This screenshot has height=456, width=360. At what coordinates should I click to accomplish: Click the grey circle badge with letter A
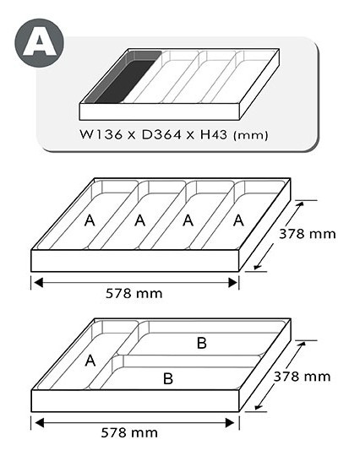(39, 43)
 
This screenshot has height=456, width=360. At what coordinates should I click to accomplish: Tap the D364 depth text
(161, 134)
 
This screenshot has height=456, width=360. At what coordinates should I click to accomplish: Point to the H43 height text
(213, 134)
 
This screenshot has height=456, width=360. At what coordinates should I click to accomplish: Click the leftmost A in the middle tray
(90, 220)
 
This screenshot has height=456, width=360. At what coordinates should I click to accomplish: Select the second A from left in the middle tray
(140, 220)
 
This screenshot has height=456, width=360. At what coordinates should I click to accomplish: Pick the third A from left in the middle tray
(188, 220)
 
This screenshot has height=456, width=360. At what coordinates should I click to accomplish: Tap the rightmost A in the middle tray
(238, 220)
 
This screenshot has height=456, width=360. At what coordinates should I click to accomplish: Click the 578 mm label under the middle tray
(134, 293)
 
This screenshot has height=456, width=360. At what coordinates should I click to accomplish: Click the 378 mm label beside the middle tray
(308, 234)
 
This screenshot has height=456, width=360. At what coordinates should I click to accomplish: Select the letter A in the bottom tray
(90, 361)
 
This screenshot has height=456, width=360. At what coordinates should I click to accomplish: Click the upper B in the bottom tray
(202, 343)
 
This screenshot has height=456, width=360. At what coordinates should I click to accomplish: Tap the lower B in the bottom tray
(168, 378)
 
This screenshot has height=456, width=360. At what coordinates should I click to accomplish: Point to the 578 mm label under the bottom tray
(129, 432)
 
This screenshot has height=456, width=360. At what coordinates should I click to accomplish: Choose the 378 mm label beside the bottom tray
(302, 377)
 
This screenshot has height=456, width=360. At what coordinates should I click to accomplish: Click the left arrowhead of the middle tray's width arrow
(39, 283)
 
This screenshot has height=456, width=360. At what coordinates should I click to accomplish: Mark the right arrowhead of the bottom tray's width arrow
(230, 422)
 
